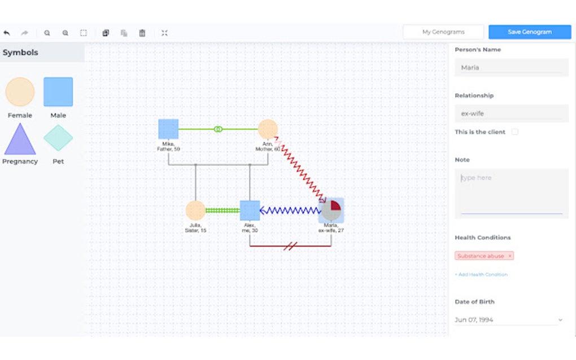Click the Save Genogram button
tap(529, 32)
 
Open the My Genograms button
tap(443, 32)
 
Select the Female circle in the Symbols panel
tap(20, 92)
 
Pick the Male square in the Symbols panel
tap(58, 92)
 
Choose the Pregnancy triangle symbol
tap(20, 140)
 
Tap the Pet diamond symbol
tap(58, 138)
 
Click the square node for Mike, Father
tap(168, 129)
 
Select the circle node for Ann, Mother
tap(268, 129)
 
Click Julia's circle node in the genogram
tap(195, 210)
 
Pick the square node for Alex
tap(250, 210)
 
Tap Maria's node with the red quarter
tap(331, 210)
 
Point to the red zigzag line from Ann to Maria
tap(299, 169)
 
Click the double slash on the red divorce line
tap(290, 246)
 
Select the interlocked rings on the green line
tap(218, 129)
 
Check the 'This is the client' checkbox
tap(514, 132)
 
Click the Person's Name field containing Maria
tap(511, 68)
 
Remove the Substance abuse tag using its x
tap(509, 256)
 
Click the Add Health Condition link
tap(481, 275)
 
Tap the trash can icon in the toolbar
tap(142, 33)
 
